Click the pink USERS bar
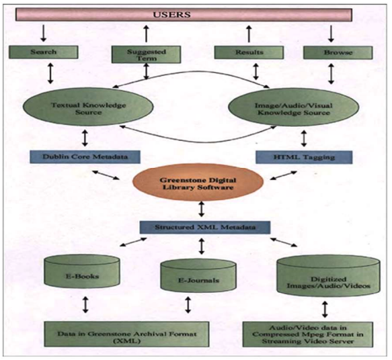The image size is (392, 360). (x=184, y=15)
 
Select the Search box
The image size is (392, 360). (x=44, y=52)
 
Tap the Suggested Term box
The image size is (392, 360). (x=147, y=54)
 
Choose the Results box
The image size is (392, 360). (x=249, y=52)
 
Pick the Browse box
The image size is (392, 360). (x=338, y=52)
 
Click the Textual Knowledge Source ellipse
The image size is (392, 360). (x=88, y=107)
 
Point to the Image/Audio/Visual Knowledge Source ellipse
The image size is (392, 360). (x=294, y=107)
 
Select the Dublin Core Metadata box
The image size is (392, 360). (x=85, y=156)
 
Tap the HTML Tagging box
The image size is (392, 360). (x=304, y=157)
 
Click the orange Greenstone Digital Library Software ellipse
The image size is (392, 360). (x=198, y=182)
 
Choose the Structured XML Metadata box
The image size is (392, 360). (x=205, y=228)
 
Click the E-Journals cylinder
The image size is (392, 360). (x=198, y=275)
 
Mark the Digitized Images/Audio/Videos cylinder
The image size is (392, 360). (x=328, y=276)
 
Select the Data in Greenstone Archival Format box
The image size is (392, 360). (x=127, y=334)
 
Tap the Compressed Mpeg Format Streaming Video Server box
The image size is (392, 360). (x=308, y=334)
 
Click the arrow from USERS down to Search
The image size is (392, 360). (x=44, y=33)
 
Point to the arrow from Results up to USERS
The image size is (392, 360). (x=249, y=34)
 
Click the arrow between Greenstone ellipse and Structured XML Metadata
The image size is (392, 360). (x=202, y=209)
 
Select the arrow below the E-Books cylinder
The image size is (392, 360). (x=85, y=304)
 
